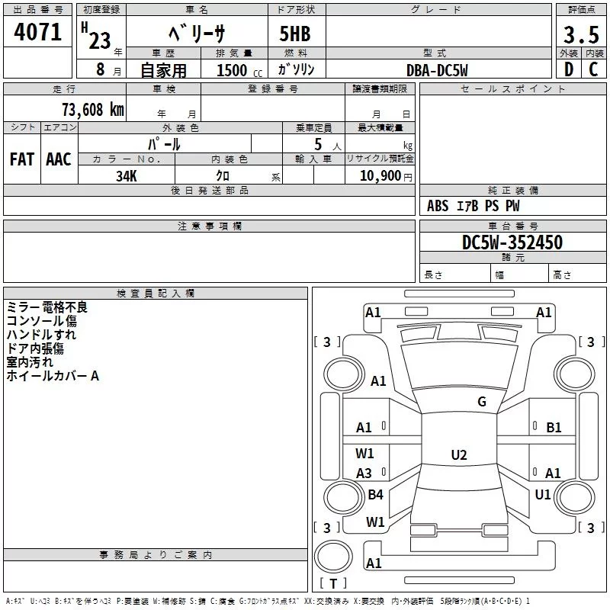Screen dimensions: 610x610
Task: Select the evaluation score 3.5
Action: [580, 35]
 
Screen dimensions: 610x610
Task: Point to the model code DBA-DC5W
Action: [437, 69]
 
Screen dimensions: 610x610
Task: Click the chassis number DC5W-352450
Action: [512, 242]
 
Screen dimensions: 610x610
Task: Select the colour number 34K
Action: [127, 175]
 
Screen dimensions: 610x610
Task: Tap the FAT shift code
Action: [22, 159]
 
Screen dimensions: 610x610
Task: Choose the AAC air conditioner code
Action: [59, 159]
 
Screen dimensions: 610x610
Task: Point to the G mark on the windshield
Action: [481, 402]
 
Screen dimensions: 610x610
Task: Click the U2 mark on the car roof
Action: [458, 455]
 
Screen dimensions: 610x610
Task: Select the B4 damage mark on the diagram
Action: [375, 495]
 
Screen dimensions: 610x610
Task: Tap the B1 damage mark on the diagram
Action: [554, 428]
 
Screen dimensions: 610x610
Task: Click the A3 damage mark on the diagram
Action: [364, 474]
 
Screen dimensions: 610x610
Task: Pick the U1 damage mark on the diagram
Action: [542, 495]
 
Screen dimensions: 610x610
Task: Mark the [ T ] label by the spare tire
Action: [332, 584]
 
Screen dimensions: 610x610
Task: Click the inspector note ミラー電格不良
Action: [47, 307]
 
